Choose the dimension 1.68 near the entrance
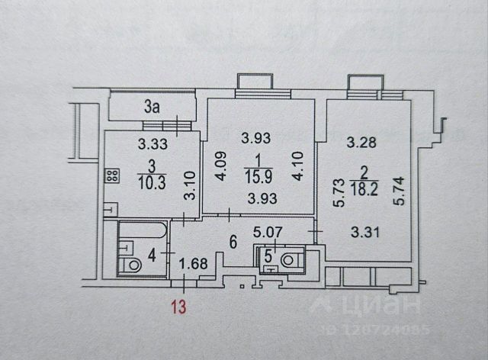pyautogui.click(x=194, y=264)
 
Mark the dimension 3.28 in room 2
pyautogui.click(x=360, y=142)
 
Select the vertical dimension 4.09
pyautogui.click(x=218, y=163)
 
